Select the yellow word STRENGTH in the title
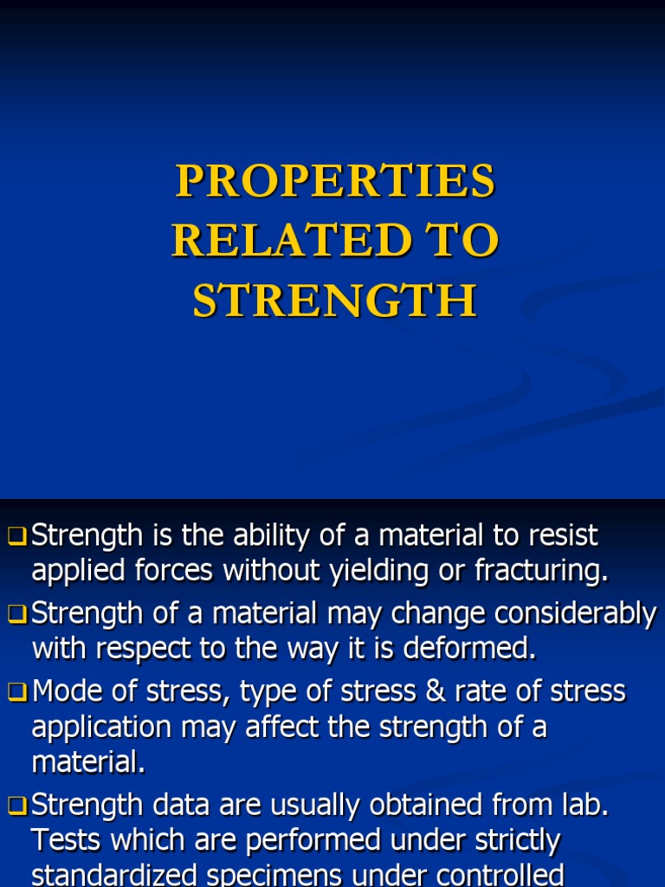(x=335, y=301)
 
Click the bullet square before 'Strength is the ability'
(x=19, y=537)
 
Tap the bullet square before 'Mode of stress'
(x=19, y=692)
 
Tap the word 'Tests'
(x=68, y=840)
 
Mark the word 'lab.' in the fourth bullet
(x=582, y=806)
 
